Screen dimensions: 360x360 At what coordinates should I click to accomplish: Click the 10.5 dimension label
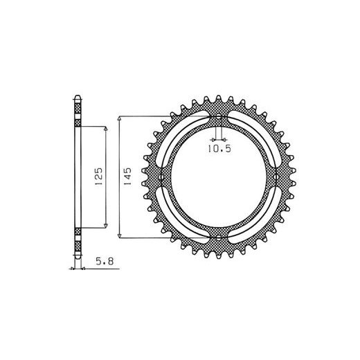point(219,149)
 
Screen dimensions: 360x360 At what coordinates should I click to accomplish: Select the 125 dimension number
point(98,177)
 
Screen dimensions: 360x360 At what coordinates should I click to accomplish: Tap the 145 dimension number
point(127,177)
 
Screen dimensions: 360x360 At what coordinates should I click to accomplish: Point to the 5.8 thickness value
point(105,262)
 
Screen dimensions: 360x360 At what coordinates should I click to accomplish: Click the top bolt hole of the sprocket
point(218,117)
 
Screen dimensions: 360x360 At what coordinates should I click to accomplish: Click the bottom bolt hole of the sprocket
point(218,237)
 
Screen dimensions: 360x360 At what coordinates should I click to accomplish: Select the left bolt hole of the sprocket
point(161,177)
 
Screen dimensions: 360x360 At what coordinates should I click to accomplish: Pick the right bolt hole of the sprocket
point(275,177)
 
